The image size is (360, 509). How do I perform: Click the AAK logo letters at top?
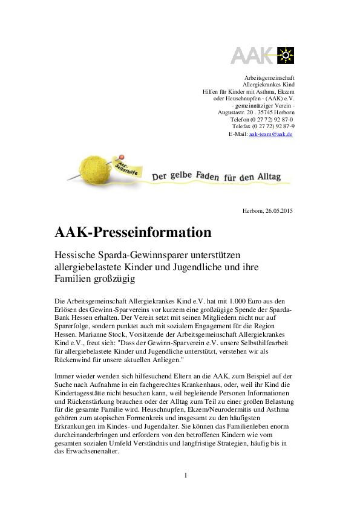pyautogui.click(x=252, y=55)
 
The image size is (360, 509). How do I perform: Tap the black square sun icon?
pyautogui.click(x=285, y=55)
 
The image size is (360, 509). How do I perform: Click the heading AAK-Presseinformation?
pyautogui.click(x=133, y=232)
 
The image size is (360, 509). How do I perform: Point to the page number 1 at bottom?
pyautogui.click(x=186, y=475)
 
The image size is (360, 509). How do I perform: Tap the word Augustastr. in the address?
pyautogui.click(x=232, y=112)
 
